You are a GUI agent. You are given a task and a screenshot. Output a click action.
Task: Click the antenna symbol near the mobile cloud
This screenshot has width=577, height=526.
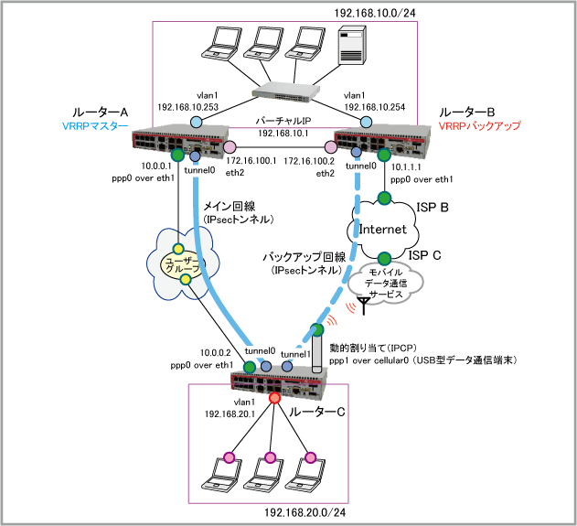tap(364, 304)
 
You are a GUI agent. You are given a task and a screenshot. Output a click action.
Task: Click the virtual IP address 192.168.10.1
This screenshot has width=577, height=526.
tap(284, 134)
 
